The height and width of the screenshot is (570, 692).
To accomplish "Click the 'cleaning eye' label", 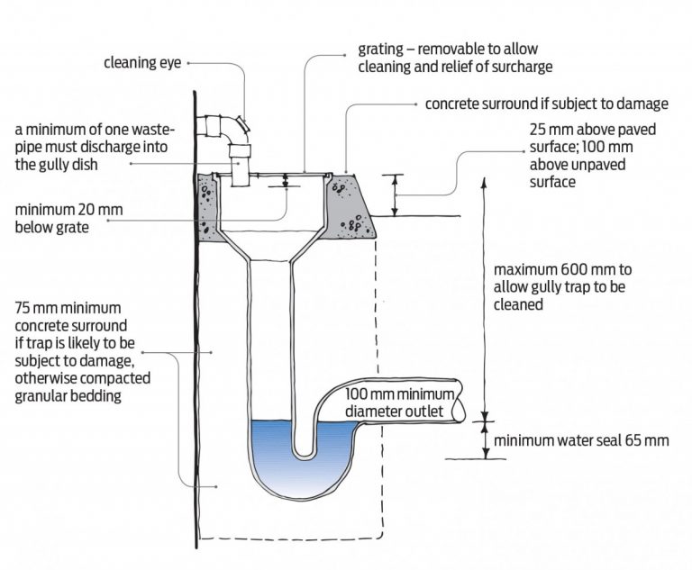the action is point(142,63).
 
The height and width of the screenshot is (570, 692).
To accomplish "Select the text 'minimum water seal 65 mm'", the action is point(581,440).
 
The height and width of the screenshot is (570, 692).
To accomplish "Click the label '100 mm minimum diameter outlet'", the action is point(399,403).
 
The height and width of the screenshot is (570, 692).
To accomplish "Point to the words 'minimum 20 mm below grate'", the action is point(68,219).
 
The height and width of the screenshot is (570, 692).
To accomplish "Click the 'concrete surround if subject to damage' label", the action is point(546,104).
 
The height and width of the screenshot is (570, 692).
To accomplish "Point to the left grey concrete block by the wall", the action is point(206,207).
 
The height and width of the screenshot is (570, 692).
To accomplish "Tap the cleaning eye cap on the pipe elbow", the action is point(242,124).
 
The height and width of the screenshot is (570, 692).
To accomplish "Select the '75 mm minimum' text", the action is point(68,308).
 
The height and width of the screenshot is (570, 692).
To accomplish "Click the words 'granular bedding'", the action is point(68,395).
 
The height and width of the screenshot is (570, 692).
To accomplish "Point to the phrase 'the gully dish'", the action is point(56,165).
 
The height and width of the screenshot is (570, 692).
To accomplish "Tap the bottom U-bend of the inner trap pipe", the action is point(304,456).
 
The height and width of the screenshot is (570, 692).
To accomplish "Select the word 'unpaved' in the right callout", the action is point(599,164).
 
